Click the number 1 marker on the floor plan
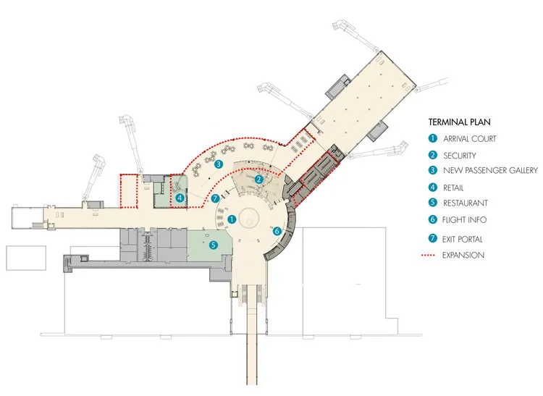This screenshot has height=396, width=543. (232, 218)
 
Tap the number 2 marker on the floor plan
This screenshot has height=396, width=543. (258, 180)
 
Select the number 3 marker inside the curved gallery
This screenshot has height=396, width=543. (218, 164)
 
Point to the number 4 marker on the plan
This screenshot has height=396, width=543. (180, 196)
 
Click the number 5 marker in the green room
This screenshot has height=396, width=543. (214, 245)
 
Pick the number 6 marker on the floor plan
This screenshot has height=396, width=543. (276, 231)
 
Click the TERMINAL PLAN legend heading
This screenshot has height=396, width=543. (459, 122)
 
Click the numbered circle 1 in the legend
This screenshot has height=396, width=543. (432, 138)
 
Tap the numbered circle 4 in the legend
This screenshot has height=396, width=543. (432, 187)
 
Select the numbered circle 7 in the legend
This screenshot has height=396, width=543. (432, 238)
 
